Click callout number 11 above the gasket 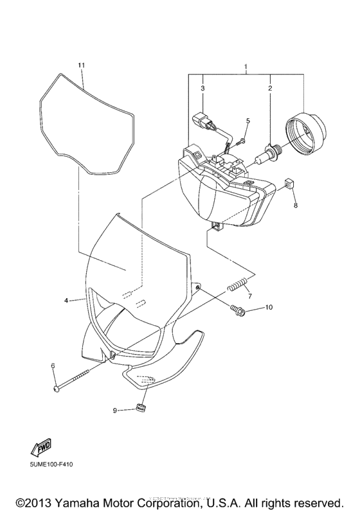pyautogui.click(x=82, y=65)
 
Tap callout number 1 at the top pyautogui.click(x=246, y=67)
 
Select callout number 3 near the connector pyautogui.click(x=203, y=88)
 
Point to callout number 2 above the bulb pyautogui.click(x=270, y=88)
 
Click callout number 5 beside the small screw pyautogui.click(x=248, y=121)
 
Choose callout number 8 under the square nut pyautogui.click(x=296, y=206)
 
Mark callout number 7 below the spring pyautogui.click(x=250, y=296)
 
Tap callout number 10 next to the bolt pyautogui.click(x=269, y=307)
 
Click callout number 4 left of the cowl pyautogui.click(x=66, y=301)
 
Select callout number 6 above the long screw pyautogui.click(x=53, y=366)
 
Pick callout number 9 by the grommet pyautogui.click(x=114, y=410)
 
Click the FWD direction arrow pyautogui.click(x=42, y=447)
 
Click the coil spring pyautogui.click(x=236, y=284)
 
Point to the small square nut pyautogui.click(x=287, y=184)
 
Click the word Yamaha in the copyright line pyautogui.click(x=75, y=502)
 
